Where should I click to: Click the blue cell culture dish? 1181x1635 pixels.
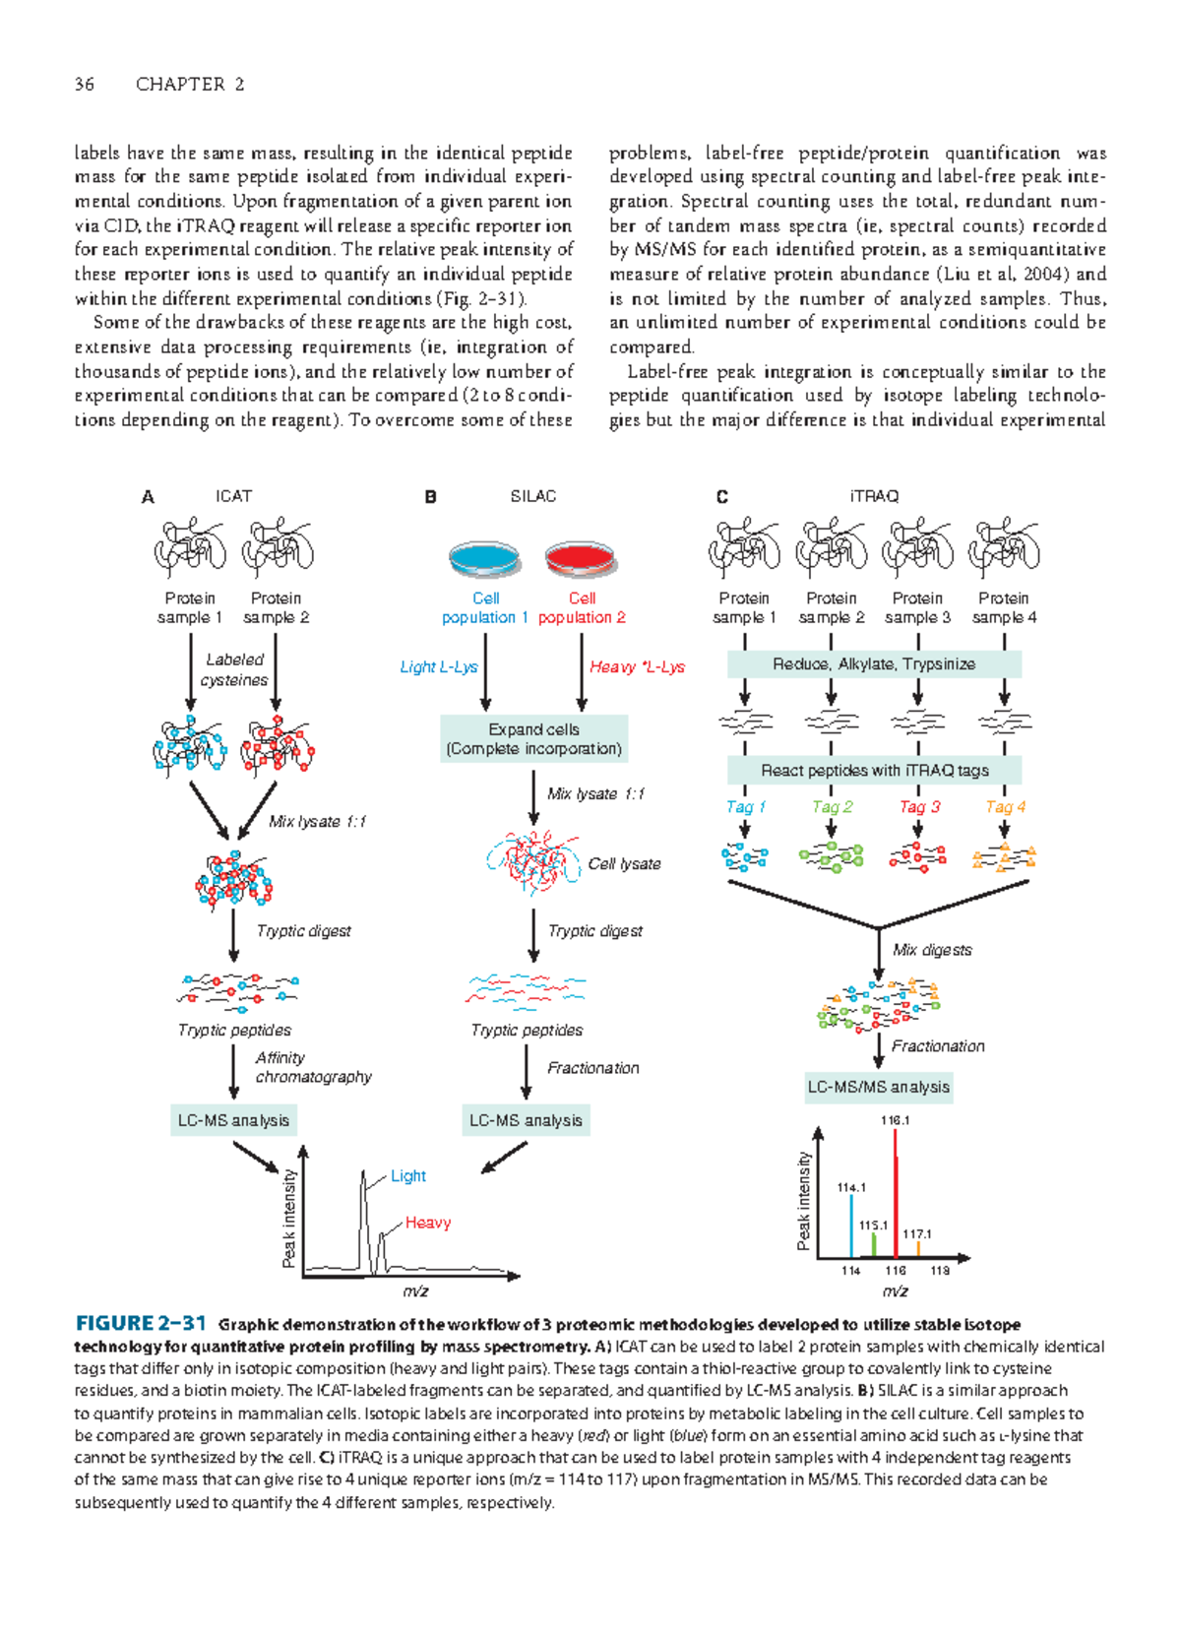click(x=484, y=559)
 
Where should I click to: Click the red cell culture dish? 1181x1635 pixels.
click(x=582, y=559)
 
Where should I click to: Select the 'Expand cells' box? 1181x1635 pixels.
click(x=533, y=739)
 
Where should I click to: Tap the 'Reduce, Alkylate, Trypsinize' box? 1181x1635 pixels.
click(x=874, y=664)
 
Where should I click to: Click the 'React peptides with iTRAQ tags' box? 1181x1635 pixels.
click(x=874, y=771)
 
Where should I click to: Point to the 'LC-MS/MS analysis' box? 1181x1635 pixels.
click(x=878, y=1088)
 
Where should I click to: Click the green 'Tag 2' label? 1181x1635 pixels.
click(x=832, y=807)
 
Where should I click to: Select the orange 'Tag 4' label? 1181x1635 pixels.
click(x=1005, y=807)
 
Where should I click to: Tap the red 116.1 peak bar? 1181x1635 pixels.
click(x=896, y=1196)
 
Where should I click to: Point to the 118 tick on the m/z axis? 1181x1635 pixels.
click(x=940, y=1271)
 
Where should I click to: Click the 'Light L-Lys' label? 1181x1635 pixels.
click(x=439, y=667)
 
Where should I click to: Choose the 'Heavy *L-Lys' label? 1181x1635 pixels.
click(x=637, y=667)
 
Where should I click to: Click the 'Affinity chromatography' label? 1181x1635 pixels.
click(x=313, y=1068)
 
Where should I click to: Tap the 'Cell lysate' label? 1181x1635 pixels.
click(x=624, y=864)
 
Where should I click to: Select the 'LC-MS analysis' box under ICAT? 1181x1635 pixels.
click(x=233, y=1120)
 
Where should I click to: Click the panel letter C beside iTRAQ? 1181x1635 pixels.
click(x=721, y=497)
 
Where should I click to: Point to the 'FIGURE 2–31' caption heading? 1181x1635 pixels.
click(x=141, y=1324)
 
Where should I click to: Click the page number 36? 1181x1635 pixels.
click(x=85, y=85)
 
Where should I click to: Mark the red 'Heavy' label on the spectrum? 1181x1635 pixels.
click(x=428, y=1223)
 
